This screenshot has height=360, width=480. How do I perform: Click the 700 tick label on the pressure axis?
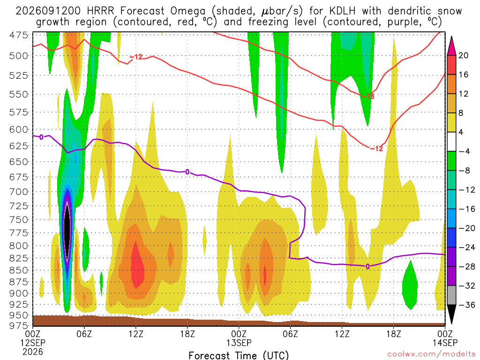(18, 192)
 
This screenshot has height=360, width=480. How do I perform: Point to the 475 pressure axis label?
(18, 35)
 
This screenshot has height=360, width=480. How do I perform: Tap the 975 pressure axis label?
(18, 325)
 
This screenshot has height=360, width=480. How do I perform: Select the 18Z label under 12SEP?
(187, 333)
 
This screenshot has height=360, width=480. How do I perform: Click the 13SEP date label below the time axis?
(239, 343)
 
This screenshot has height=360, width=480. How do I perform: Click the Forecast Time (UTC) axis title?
(239, 355)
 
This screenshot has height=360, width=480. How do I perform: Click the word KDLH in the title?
(343, 11)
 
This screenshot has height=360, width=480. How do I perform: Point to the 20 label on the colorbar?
(463, 55)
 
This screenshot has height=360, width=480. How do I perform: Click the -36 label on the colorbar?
(466, 305)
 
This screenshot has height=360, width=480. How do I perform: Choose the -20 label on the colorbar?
(466, 228)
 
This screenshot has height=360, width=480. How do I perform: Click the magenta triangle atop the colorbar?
(451, 45)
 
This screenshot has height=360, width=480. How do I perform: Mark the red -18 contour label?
(367, 97)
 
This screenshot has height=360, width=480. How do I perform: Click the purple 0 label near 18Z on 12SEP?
(187, 172)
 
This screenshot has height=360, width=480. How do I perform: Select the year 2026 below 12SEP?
(33, 352)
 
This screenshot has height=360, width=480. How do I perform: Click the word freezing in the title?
(268, 22)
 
